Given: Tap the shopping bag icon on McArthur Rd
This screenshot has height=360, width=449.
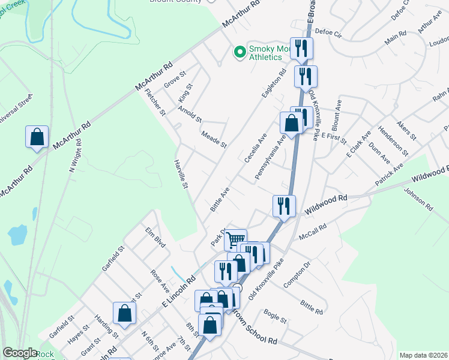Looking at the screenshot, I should (x=37, y=137).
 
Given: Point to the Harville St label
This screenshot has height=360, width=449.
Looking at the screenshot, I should (x=181, y=175).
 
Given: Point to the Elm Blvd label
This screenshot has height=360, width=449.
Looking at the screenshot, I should (x=155, y=236).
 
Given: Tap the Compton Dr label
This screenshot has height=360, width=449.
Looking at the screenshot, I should (x=298, y=274).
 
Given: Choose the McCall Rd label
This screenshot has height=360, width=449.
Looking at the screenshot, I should (x=313, y=231).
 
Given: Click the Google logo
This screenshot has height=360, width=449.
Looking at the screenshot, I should (x=20, y=353).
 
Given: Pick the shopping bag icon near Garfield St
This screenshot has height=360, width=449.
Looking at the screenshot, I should (x=124, y=313).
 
